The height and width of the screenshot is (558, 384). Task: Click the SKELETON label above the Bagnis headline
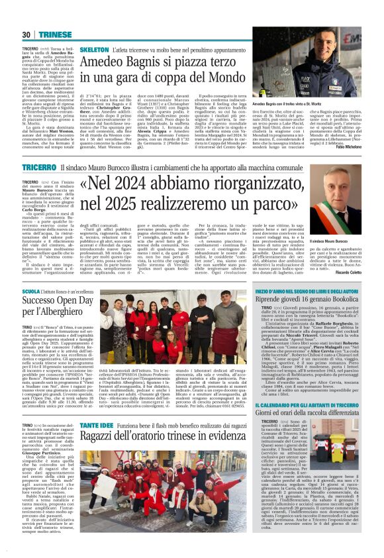[x=95, y=50]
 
